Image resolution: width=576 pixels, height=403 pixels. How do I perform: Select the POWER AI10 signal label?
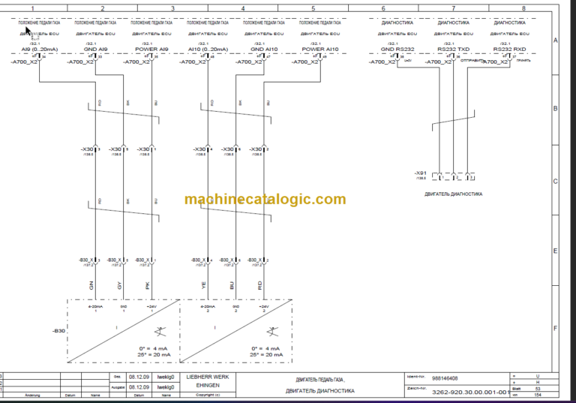point(320,50)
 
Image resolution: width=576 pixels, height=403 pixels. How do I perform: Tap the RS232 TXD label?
point(453,50)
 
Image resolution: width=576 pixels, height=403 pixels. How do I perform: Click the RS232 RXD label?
point(509,50)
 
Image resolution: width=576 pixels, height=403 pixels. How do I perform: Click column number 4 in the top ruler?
point(243,8)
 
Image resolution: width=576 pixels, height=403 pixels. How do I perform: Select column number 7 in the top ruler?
point(453,8)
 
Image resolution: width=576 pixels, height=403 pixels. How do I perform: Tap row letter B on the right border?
point(555,109)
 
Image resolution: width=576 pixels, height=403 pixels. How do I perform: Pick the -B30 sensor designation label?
point(58,330)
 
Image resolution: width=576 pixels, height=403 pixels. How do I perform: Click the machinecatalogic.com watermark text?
point(265,199)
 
